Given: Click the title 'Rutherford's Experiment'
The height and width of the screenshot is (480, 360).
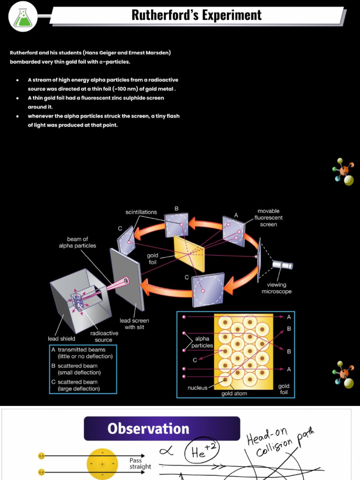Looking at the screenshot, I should pyautogui.click(x=196, y=15).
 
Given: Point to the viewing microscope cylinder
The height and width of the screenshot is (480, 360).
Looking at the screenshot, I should pyautogui.click(x=282, y=265).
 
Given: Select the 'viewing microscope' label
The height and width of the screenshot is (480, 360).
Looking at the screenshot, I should pyautogui.click(x=276, y=288).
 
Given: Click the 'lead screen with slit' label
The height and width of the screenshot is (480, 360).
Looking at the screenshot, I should pyautogui.click(x=134, y=324).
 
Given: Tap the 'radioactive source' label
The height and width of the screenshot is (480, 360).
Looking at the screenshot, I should pyautogui.click(x=104, y=337).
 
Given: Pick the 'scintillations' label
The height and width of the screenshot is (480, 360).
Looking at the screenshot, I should pyautogui.click(x=141, y=212).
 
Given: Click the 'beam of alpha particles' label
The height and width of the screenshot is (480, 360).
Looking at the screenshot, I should pyautogui.click(x=77, y=242).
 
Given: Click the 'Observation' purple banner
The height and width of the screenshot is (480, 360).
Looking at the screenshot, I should pyautogui.click(x=148, y=428).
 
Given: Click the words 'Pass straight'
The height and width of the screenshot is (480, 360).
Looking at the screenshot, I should pyautogui.click(x=140, y=464).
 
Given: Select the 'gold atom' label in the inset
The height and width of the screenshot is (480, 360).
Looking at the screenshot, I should pyautogui.click(x=235, y=394).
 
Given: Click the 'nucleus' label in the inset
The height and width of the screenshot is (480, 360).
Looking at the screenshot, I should pyautogui.click(x=197, y=388).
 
